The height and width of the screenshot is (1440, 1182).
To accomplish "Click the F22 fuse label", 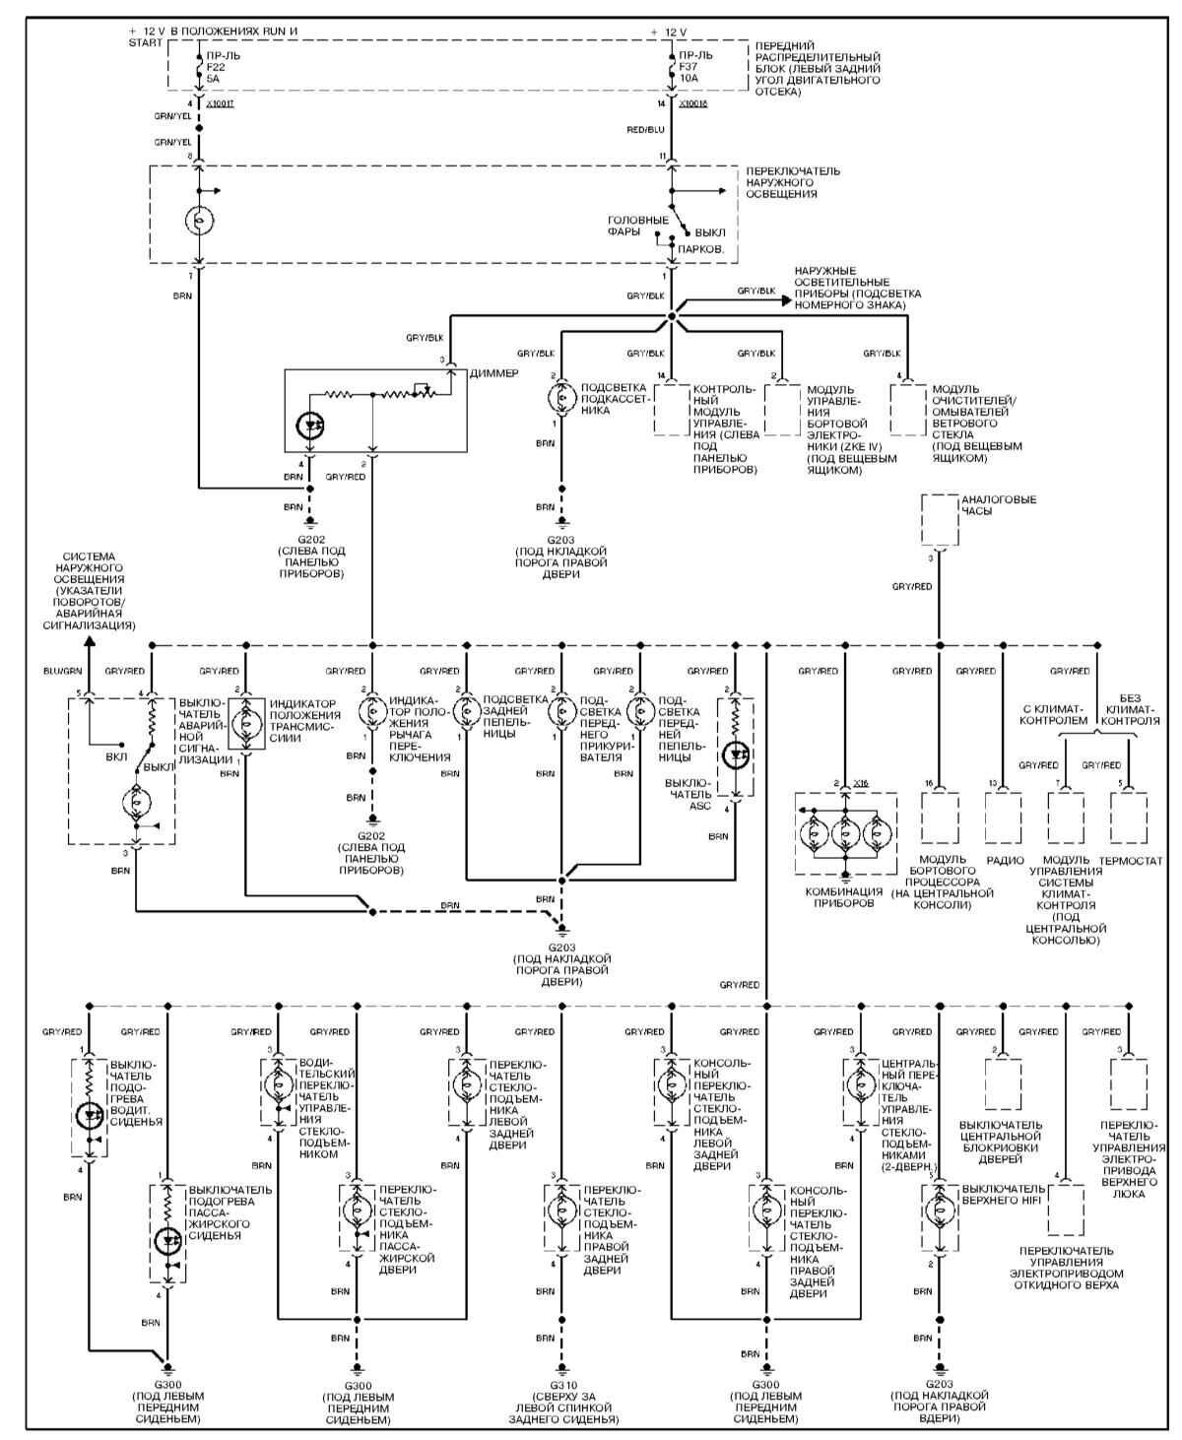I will click(216, 66).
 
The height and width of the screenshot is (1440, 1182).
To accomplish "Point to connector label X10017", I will click(223, 102).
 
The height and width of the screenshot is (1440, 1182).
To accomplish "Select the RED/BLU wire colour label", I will click(646, 128).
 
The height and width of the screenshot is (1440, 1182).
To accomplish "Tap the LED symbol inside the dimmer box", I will click(310, 425).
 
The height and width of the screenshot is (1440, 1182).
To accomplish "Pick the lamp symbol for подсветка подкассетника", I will click(562, 398).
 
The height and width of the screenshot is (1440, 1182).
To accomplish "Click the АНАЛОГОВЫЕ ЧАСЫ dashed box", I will click(939, 519).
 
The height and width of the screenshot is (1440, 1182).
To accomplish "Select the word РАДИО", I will click(1005, 861).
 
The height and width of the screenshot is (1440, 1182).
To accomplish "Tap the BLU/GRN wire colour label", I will click(61, 671).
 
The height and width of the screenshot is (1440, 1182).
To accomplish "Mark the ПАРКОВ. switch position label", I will click(701, 250).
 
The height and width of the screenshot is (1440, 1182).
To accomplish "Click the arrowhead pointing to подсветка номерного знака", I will click(786, 300).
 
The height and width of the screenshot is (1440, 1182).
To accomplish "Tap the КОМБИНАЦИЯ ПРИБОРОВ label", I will click(844, 896).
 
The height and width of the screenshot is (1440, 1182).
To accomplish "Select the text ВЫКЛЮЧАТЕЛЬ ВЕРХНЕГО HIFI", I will click(1003, 1194).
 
